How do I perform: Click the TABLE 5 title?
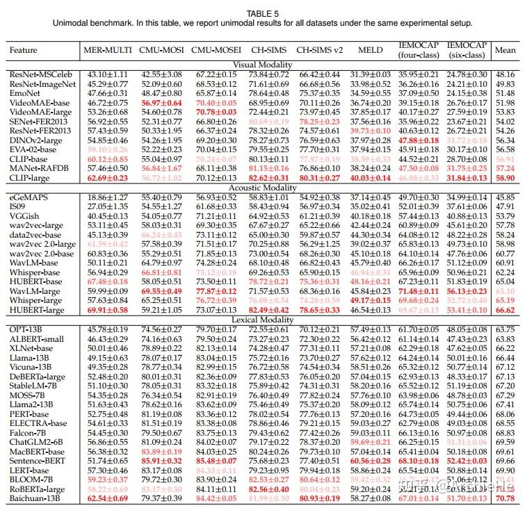(263, 13)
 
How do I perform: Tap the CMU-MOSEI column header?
(216, 50)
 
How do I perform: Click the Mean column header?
(505, 50)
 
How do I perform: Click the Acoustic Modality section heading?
(263, 188)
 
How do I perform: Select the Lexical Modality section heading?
(263, 319)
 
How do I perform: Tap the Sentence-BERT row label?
(37, 460)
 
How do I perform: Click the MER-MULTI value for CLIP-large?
(108, 177)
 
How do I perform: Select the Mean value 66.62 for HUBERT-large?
(505, 309)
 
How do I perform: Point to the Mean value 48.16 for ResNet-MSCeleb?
(505, 74)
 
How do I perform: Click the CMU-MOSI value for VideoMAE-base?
(161, 102)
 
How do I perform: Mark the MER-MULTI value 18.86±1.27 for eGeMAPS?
(108, 197)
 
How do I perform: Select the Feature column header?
(24, 50)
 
